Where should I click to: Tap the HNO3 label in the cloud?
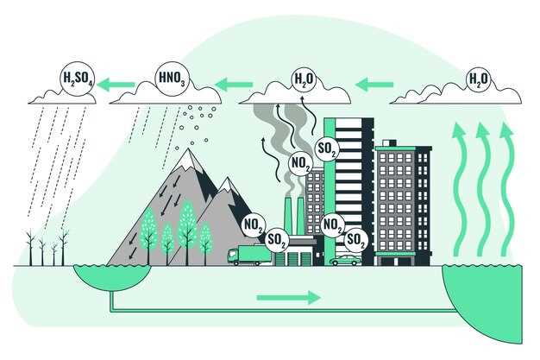tap(169, 79)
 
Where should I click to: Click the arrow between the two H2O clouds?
tap(374, 85)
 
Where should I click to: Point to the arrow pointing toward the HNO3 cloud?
tap(233, 85)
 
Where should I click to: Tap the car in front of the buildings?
tap(345, 259)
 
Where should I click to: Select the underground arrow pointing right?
tap(288, 298)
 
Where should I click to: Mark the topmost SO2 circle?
tap(328, 149)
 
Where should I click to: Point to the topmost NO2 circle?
tap(301, 161)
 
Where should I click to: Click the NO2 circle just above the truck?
tap(254, 224)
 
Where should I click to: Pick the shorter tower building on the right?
tap(402, 204)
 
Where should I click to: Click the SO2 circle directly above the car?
tap(356, 239)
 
